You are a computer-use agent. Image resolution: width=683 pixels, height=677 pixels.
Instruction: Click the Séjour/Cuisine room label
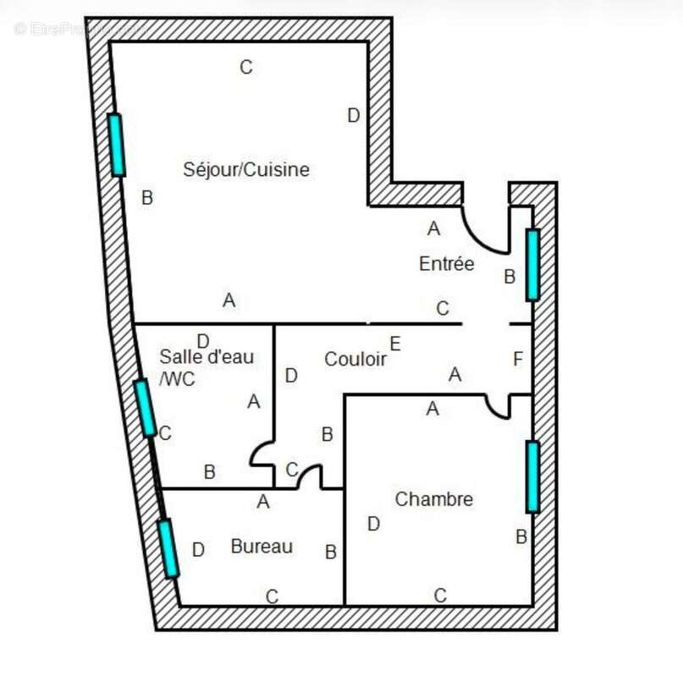point(246,169)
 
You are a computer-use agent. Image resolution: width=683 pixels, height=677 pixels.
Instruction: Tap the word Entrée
point(447,263)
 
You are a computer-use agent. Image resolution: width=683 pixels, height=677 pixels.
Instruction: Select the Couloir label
point(355,359)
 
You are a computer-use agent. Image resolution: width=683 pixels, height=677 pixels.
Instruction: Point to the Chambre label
point(434,499)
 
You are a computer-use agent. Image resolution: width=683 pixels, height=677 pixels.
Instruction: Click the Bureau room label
point(262,547)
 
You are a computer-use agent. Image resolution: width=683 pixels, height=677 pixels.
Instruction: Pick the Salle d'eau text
point(207,357)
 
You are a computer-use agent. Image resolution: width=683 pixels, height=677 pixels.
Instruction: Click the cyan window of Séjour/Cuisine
point(117,145)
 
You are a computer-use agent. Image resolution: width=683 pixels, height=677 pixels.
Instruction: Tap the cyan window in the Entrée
point(532,265)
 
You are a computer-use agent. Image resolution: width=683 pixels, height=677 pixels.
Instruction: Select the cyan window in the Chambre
point(532,476)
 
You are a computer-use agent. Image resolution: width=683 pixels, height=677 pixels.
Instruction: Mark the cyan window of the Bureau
point(168,548)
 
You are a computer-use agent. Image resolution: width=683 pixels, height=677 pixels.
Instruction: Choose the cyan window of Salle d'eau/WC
point(145,408)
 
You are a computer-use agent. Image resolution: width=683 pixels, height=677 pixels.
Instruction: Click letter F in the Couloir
point(518,359)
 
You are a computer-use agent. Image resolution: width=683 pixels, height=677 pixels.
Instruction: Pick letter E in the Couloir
point(395,344)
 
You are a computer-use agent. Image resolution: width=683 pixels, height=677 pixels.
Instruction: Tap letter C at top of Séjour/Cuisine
point(246,67)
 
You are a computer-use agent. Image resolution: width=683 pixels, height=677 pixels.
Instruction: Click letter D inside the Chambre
point(374,524)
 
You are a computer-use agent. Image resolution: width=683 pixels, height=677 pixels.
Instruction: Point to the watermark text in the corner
point(80,29)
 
